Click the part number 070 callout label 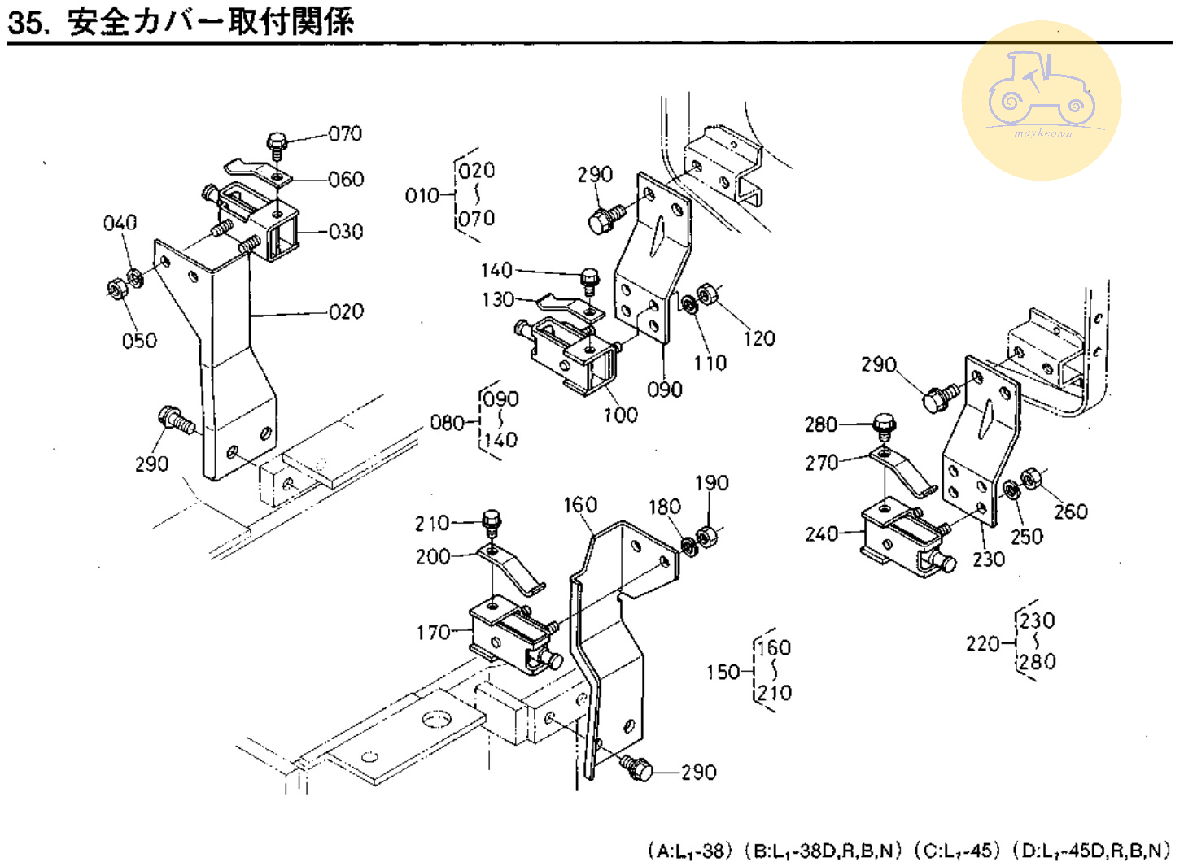(x=345, y=133)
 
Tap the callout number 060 (x=346, y=179)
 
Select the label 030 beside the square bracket (x=346, y=232)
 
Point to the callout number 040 (x=120, y=223)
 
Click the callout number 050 (x=139, y=341)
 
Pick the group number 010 (x=422, y=196)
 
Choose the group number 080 (x=448, y=423)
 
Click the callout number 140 (x=496, y=270)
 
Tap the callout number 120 (x=758, y=338)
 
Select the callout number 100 (x=620, y=416)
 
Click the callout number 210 (x=432, y=523)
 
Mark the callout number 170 (x=433, y=633)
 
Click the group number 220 (x=983, y=644)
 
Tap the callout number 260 (x=1071, y=512)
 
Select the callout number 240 (x=822, y=534)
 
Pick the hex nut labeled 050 (x=116, y=288)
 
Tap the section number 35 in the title (x=25, y=23)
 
